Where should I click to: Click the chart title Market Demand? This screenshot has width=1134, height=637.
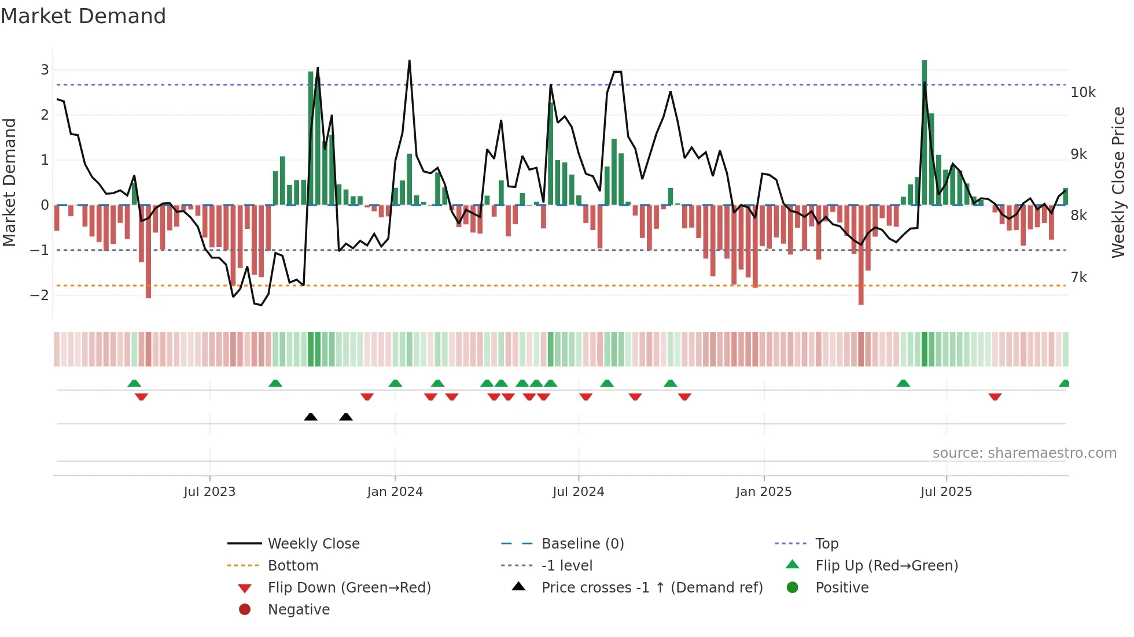(x=83, y=16)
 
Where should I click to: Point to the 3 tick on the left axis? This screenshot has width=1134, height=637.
(x=45, y=70)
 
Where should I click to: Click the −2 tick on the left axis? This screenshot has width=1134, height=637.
(x=40, y=295)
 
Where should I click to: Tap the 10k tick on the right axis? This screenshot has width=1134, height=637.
(x=1083, y=92)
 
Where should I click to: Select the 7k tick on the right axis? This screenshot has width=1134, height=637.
(x=1078, y=277)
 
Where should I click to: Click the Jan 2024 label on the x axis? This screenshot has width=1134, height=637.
(x=395, y=492)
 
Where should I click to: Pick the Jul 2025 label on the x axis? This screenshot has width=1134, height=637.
(x=946, y=492)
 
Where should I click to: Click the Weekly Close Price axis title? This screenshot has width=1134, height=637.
(x=1118, y=182)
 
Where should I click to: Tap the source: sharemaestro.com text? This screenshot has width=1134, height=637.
(x=1024, y=453)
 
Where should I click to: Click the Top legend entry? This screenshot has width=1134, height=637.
(x=826, y=544)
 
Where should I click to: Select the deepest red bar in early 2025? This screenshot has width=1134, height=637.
(x=861, y=254)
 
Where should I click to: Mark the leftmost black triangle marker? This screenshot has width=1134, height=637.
(x=311, y=417)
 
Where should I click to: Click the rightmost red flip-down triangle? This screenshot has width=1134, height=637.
(x=995, y=397)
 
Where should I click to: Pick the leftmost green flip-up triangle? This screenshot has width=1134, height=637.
(x=134, y=383)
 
